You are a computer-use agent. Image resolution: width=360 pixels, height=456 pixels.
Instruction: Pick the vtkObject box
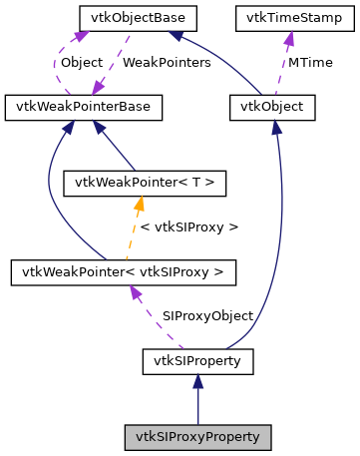pos(272,105)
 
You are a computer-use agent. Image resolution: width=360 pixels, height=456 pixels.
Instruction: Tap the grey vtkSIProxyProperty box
pos(197,437)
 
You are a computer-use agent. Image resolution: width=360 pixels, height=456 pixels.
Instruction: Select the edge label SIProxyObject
pos(207,315)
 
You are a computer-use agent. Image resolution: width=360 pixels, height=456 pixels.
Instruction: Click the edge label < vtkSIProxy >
pos(189,227)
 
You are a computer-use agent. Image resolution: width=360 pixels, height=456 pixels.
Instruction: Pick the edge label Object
pos(82,62)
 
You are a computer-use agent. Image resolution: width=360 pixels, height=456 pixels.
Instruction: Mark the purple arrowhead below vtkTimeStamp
pos(289,38)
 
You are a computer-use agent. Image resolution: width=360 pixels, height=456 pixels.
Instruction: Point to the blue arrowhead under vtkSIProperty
pos(197,381)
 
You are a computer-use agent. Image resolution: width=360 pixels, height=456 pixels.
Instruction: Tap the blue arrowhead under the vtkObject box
pos(274,126)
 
